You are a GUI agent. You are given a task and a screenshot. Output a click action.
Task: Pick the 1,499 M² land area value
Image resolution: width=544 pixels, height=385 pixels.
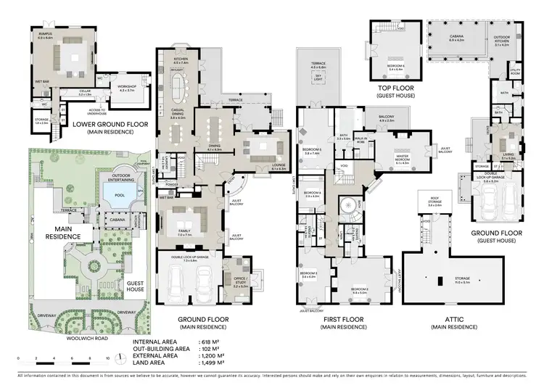(x=211, y=363)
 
